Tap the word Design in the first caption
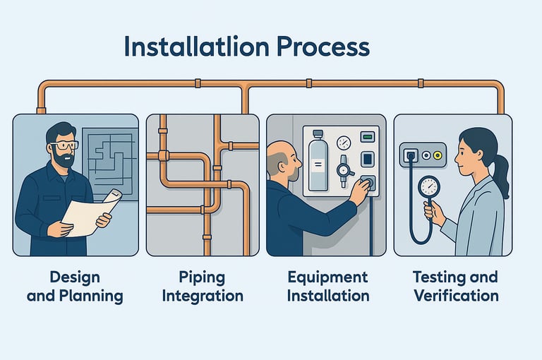coord(75,276)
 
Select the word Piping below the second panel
coord(203,276)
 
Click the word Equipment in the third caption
coord(327,276)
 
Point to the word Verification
coord(456,295)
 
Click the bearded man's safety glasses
coord(65,145)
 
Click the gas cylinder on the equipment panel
coord(318,162)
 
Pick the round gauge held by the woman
coord(428,187)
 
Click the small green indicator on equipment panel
coord(366,137)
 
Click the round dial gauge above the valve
coord(344,143)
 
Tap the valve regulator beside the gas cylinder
coord(344,170)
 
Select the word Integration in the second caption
coord(203,295)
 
